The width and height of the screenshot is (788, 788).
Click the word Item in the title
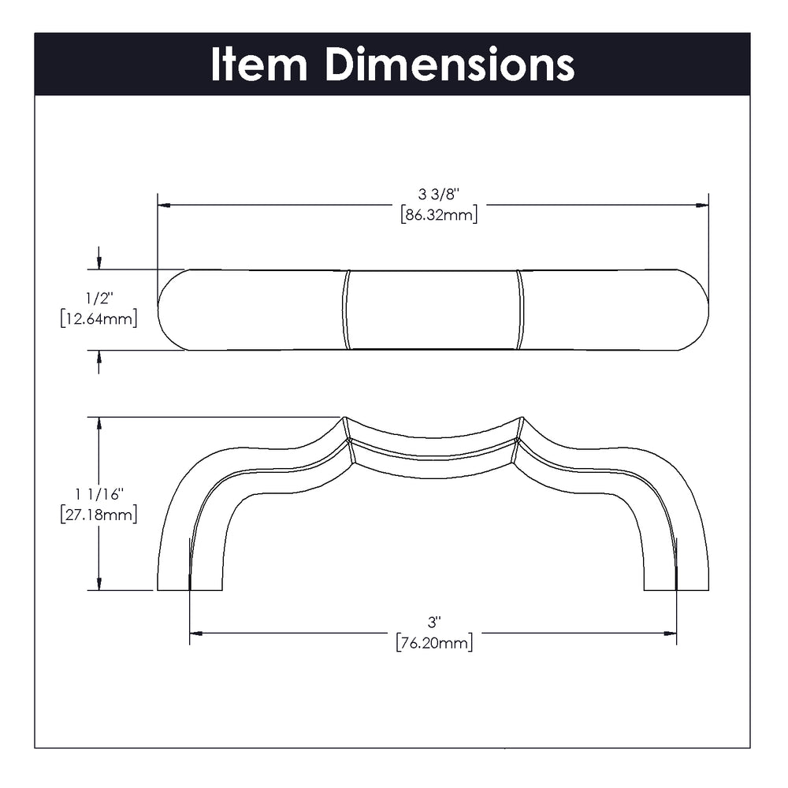pyautogui.click(x=258, y=64)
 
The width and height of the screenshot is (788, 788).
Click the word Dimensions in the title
pyautogui.click(x=450, y=64)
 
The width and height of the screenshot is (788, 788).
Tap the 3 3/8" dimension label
pyautogui.click(x=439, y=194)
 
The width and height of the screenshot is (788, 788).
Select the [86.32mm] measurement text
pyautogui.click(x=439, y=215)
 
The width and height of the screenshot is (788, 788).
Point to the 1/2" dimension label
pyautogui.click(x=99, y=299)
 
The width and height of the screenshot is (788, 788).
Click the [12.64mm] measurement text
pyautogui.click(x=98, y=319)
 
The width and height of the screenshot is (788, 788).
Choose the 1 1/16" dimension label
pyautogui.click(x=99, y=495)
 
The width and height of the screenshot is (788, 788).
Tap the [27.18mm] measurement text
pyautogui.click(x=98, y=515)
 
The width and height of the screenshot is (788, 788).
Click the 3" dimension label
pyautogui.click(x=433, y=623)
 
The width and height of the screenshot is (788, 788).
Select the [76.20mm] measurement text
pyautogui.click(x=434, y=643)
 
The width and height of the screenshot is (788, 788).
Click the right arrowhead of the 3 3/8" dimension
pyautogui.click(x=702, y=205)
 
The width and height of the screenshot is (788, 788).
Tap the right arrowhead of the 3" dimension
pyautogui.click(x=670, y=634)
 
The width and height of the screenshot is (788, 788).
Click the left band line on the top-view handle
pyautogui.click(x=346, y=310)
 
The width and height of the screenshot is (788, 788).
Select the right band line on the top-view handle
pyautogui.click(x=519, y=310)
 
